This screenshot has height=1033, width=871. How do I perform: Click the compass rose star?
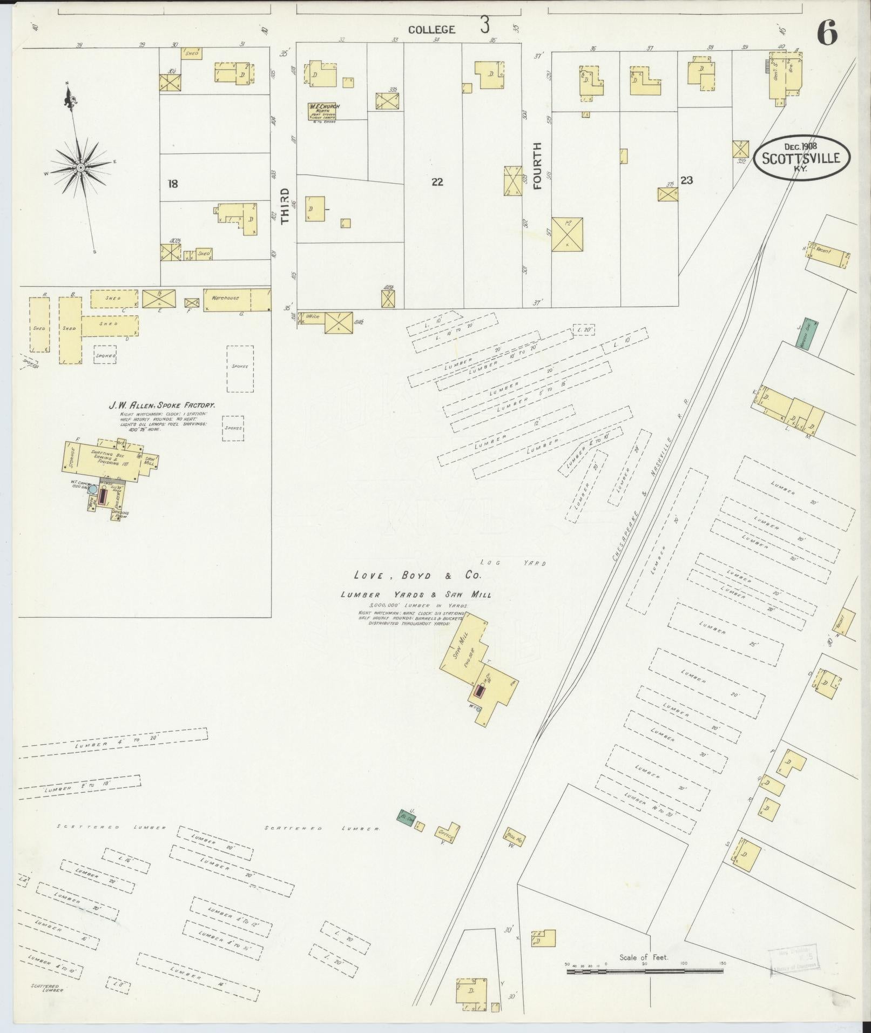point(80,168)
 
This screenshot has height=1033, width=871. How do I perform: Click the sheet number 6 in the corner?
point(827,34)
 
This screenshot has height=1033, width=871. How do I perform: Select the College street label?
point(431,30)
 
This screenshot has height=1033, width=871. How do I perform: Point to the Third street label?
point(285,206)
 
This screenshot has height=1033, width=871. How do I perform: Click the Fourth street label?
point(537,166)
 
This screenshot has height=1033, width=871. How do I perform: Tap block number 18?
point(172,184)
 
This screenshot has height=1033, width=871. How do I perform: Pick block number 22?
point(437,182)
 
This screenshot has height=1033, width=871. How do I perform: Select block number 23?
point(686,180)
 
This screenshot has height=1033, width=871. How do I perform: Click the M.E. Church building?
point(323,111)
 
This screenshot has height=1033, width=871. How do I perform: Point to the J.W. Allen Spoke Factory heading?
point(163,404)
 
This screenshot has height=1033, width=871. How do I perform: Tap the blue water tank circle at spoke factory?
point(93,489)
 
